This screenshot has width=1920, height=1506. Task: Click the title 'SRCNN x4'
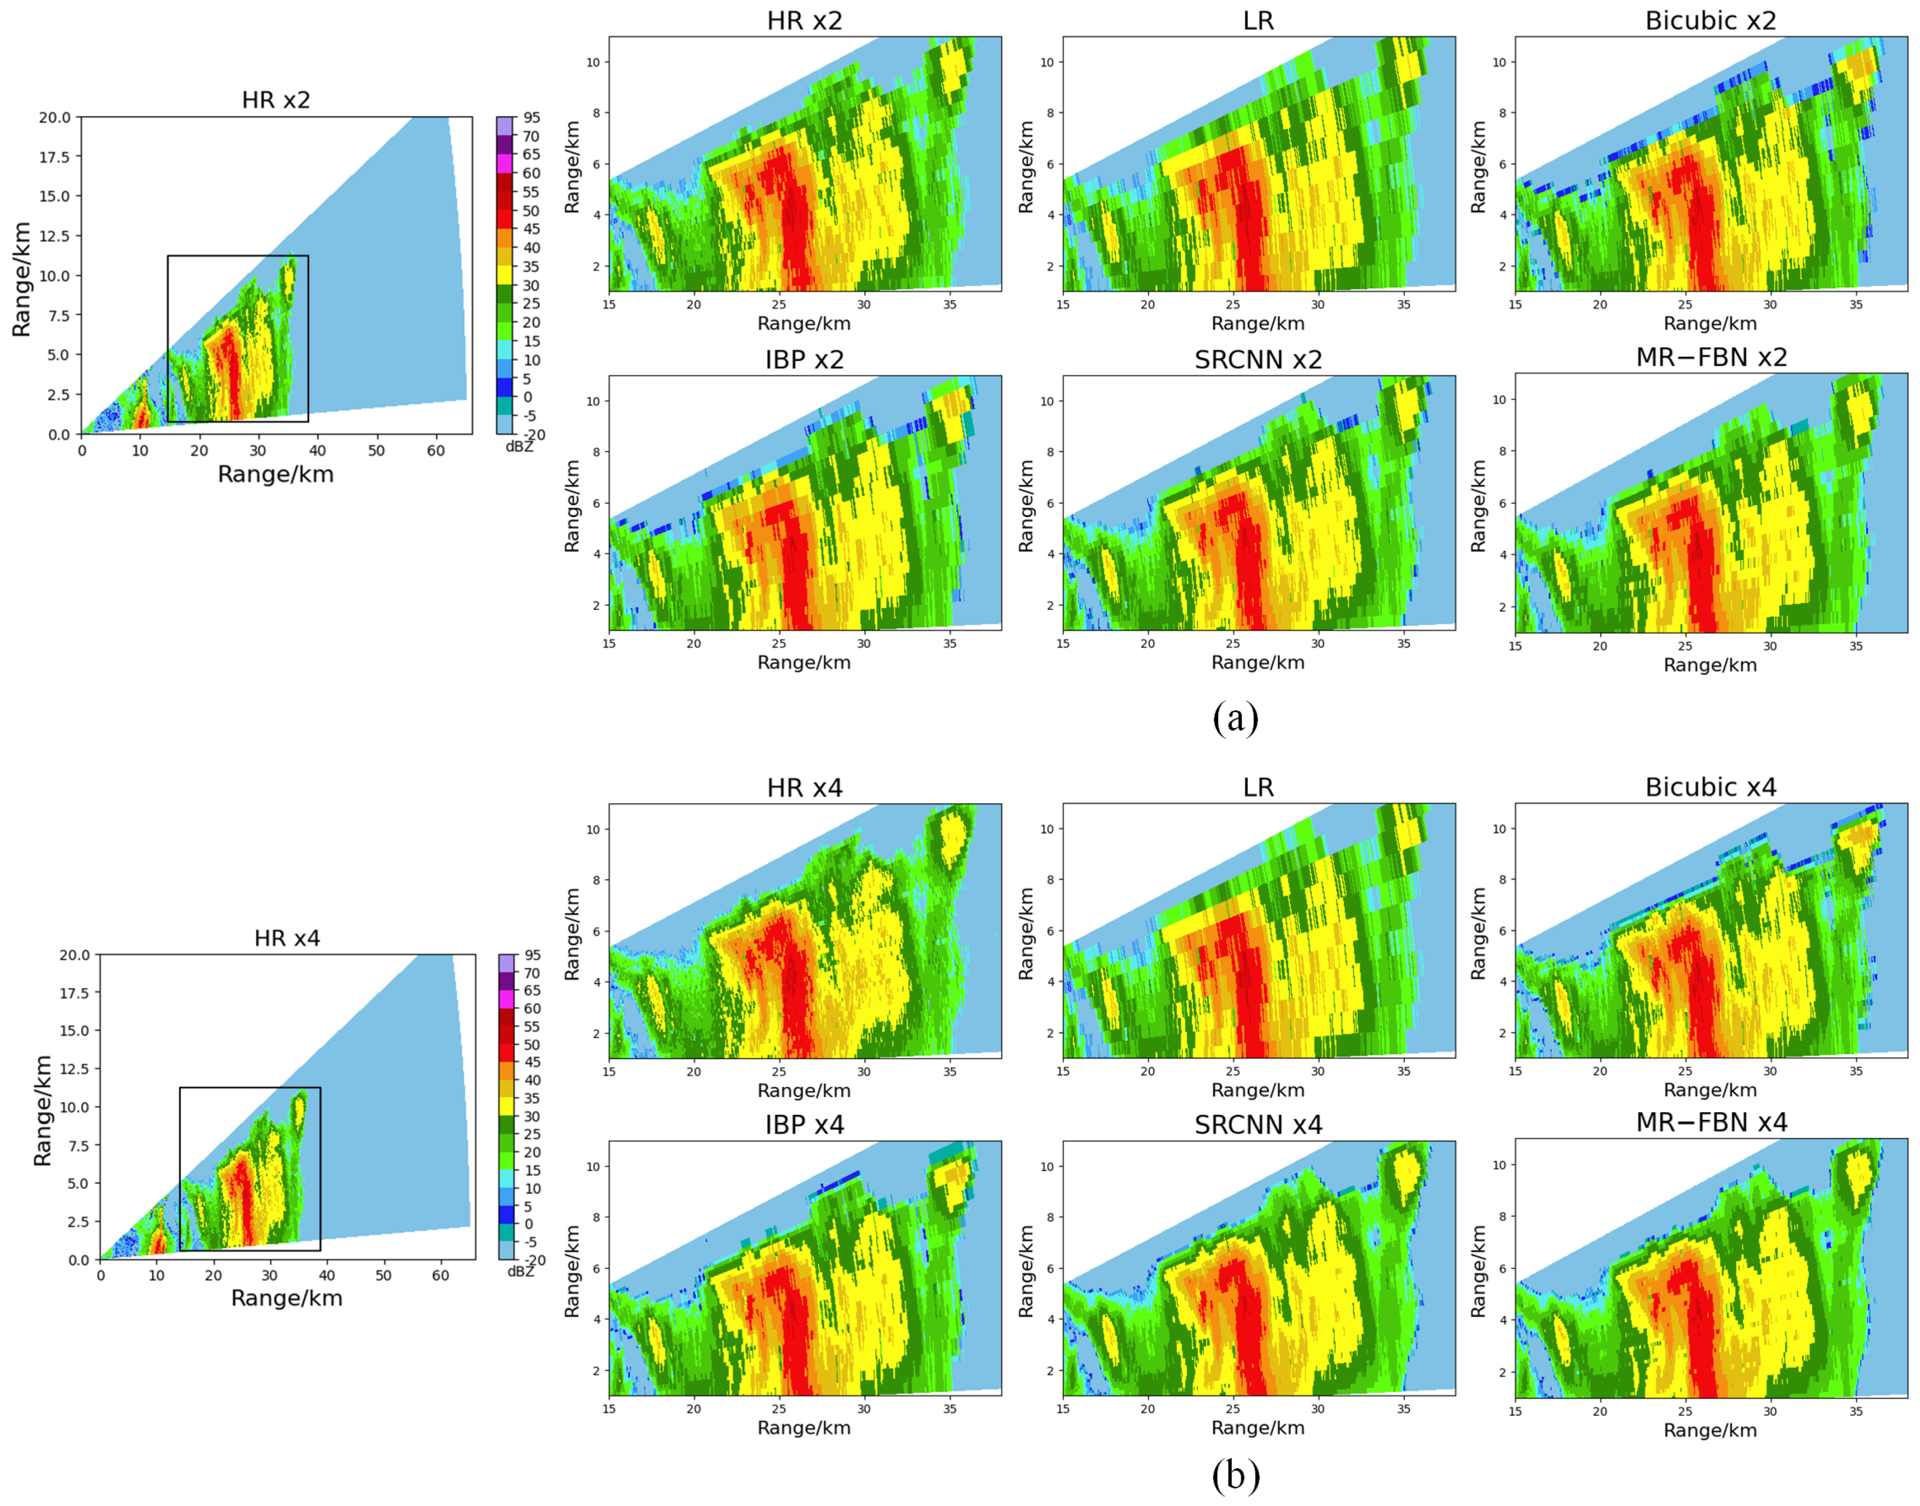(x=1258, y=1125)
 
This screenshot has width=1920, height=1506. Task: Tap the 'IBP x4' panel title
(x=804, y=1125)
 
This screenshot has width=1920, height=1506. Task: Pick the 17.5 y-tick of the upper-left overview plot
(x=55, y=157)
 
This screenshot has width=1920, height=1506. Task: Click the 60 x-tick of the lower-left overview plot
(x=440, y=1275)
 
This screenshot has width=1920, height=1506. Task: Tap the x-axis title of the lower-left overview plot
(x=286, y=1298)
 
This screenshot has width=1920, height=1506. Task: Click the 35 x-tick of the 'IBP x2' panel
(x=949, y=644)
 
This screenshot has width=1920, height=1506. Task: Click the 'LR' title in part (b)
(x=1258, y=787)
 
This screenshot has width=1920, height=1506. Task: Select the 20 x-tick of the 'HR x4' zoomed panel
(x=694, y=1071)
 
